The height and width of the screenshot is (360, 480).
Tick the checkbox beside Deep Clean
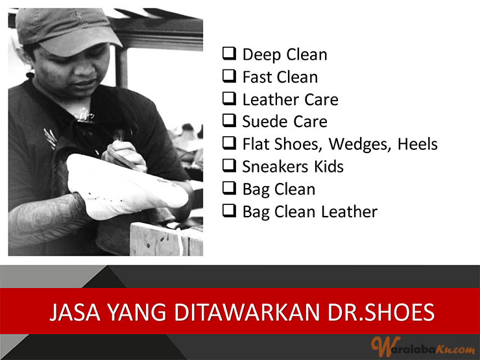pyautogui.click(x=229, y=54)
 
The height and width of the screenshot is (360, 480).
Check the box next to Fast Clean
pyautogui.click(x=229, y=77)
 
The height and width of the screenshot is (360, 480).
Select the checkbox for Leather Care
pyautogui.click(x=229, y=99)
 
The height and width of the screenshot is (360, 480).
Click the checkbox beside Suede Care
pyautogui.click(x=229, y=121)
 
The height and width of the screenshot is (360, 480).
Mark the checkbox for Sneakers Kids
pyautogui.click(x=229, y=165)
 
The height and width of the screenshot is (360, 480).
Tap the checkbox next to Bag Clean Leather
pyautogui.click(x=229, y=211)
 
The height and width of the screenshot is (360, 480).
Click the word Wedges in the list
pyautogui.click(x=360, y=145)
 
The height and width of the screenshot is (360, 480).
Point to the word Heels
pyautogui.click(x=418, y=144)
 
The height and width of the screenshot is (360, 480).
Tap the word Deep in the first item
pyautogui.click(x=262, y=55)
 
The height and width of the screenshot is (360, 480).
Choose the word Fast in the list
pyautogui.click(x=256, y=77)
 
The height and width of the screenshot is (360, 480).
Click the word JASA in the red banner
pyautogui.click(x=75, y=312)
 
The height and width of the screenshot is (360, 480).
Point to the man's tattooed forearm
pyautogui.click(x=46, y=219)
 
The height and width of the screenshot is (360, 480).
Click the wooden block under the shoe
pyautogui.click(x=166, y=239)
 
